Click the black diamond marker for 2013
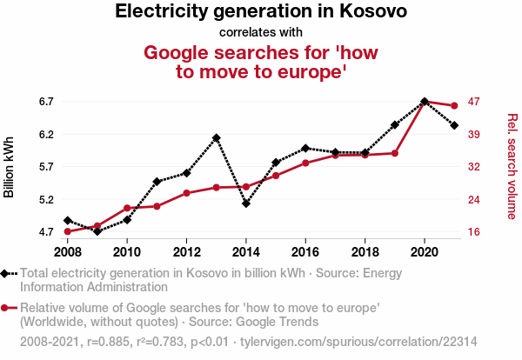(x=216, y=138)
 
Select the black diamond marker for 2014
(x=246, y=204)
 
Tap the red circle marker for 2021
(x=454, y=106)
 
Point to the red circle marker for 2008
(x=68, y=231)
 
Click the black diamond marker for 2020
(x=425, y=102)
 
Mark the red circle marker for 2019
(x=395, y=153)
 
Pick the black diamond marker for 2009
(x=97, y=231)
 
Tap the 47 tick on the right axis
(x=474, y=102)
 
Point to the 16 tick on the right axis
(x=474, y=232)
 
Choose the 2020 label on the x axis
(x=425, y=252)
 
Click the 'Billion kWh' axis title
(x=10, y=167)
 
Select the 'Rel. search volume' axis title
(x=512, y=166)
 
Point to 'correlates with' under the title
(x=261, y=33)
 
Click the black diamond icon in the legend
(x=9, y=273)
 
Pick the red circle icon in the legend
(x=9, y=308)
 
